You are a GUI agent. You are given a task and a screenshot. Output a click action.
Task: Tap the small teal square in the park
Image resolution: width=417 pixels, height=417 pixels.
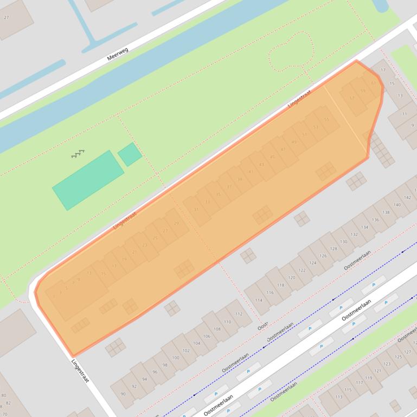pos(130,154)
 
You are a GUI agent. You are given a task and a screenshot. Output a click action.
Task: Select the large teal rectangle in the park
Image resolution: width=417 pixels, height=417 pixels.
pos(88,180)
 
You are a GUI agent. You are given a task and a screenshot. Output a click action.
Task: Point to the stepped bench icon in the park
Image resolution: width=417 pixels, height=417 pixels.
pos(78,154)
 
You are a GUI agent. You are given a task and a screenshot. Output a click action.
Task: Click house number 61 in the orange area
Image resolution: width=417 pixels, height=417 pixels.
pos(373,83)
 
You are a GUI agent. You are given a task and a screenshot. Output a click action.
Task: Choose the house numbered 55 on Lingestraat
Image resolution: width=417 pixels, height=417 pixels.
pos(326,120)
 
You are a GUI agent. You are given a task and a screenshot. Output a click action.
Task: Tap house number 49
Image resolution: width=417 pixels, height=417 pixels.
pos(294,142)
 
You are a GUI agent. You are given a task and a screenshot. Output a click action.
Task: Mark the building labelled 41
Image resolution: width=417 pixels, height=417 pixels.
pos(251,172)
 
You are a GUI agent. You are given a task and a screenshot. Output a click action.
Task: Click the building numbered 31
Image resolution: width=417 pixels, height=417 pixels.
pos(196,209)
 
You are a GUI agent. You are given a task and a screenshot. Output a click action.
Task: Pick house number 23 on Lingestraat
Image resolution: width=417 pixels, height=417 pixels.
pos(144,245)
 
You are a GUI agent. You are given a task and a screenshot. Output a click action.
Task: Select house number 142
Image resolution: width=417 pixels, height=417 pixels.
pos(408,197)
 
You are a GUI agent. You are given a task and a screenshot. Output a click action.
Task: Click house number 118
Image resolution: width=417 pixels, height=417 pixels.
pos(280,285)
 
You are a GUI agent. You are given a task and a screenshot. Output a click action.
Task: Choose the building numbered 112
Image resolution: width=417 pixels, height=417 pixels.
pos(239,314)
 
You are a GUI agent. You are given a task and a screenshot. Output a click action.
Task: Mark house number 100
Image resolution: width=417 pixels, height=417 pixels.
pos(175,357)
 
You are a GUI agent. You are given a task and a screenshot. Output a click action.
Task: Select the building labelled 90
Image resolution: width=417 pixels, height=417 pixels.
pos(123,394)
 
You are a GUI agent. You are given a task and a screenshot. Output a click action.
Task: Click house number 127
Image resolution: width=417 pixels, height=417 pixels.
pos(408,352)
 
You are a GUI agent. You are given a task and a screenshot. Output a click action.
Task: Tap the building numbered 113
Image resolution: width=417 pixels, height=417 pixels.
pos(339,396)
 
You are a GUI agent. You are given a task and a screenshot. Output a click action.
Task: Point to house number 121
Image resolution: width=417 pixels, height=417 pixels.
pos(387,364)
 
